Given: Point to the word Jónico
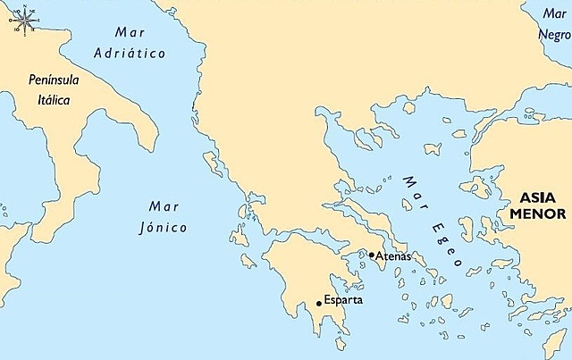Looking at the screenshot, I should [x=164, y=228].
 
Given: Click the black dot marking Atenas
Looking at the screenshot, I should [x=372, y=255].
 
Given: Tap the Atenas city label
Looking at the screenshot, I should [x=393, y=256].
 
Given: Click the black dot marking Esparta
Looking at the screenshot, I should [x=318, y=304].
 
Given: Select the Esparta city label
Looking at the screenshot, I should [x=344, y=300].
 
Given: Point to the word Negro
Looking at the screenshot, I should [x=552, y=33].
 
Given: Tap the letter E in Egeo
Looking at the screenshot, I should [x=435, y=230].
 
